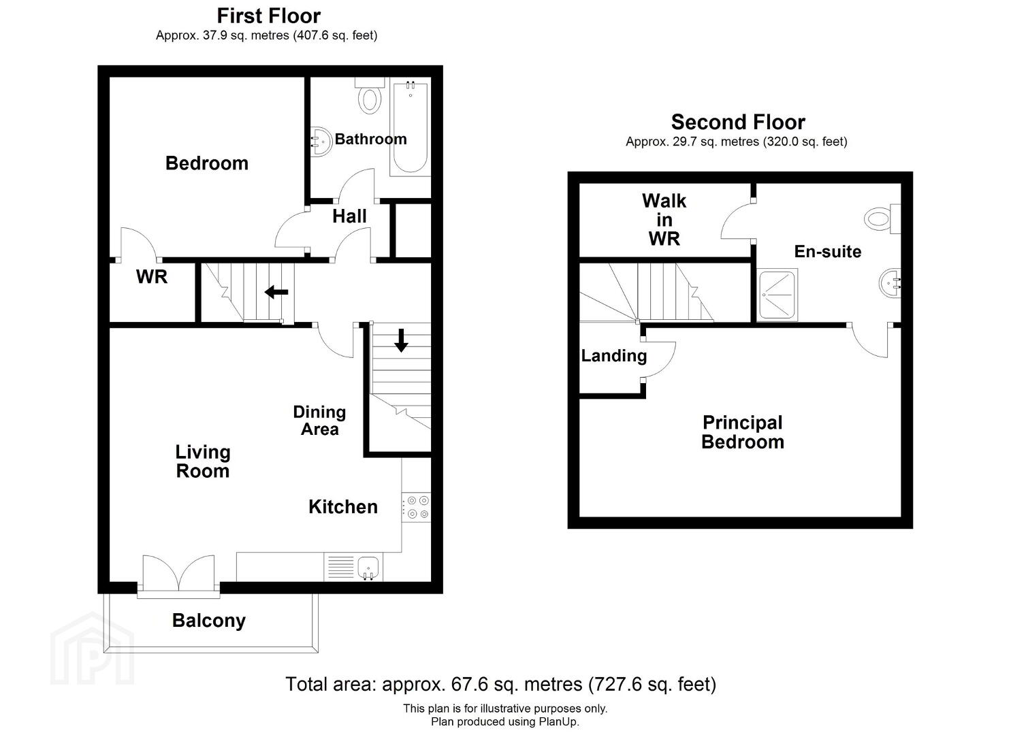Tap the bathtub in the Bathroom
click(410, 127)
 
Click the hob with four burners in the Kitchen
click(416, 507)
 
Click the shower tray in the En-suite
click(777, 295)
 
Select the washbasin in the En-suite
click(890, 283)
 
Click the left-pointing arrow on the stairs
click(276, 292)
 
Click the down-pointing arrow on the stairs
click(401, 341)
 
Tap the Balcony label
click(209, 621)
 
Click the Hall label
click(349, 216)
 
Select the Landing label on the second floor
click(614, 356)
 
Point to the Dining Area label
click(319, 420)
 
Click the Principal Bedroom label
click(743, 432)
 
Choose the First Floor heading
click(268, 16)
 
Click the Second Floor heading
click(738, 122)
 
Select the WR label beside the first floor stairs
click(152, 276)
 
